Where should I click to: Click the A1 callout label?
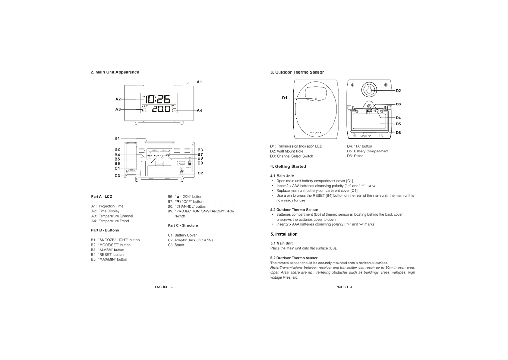point(199,82)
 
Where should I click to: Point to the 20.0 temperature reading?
point(161,109)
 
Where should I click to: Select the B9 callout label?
point(200,163)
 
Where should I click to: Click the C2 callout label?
point(200,173)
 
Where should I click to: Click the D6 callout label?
point(398,133)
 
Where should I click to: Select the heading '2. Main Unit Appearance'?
point(115,72)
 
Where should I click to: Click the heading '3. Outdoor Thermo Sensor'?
point(297,72)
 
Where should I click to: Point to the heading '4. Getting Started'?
point(288,167)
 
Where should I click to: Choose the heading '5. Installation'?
point(284,234)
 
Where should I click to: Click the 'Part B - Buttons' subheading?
point(105,230)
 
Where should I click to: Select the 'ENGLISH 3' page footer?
point(164,287)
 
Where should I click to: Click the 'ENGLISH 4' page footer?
point(343,287)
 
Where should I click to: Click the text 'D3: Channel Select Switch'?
point(292,156)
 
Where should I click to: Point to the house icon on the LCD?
point(144,107)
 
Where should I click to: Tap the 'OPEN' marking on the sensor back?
point(364,136)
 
